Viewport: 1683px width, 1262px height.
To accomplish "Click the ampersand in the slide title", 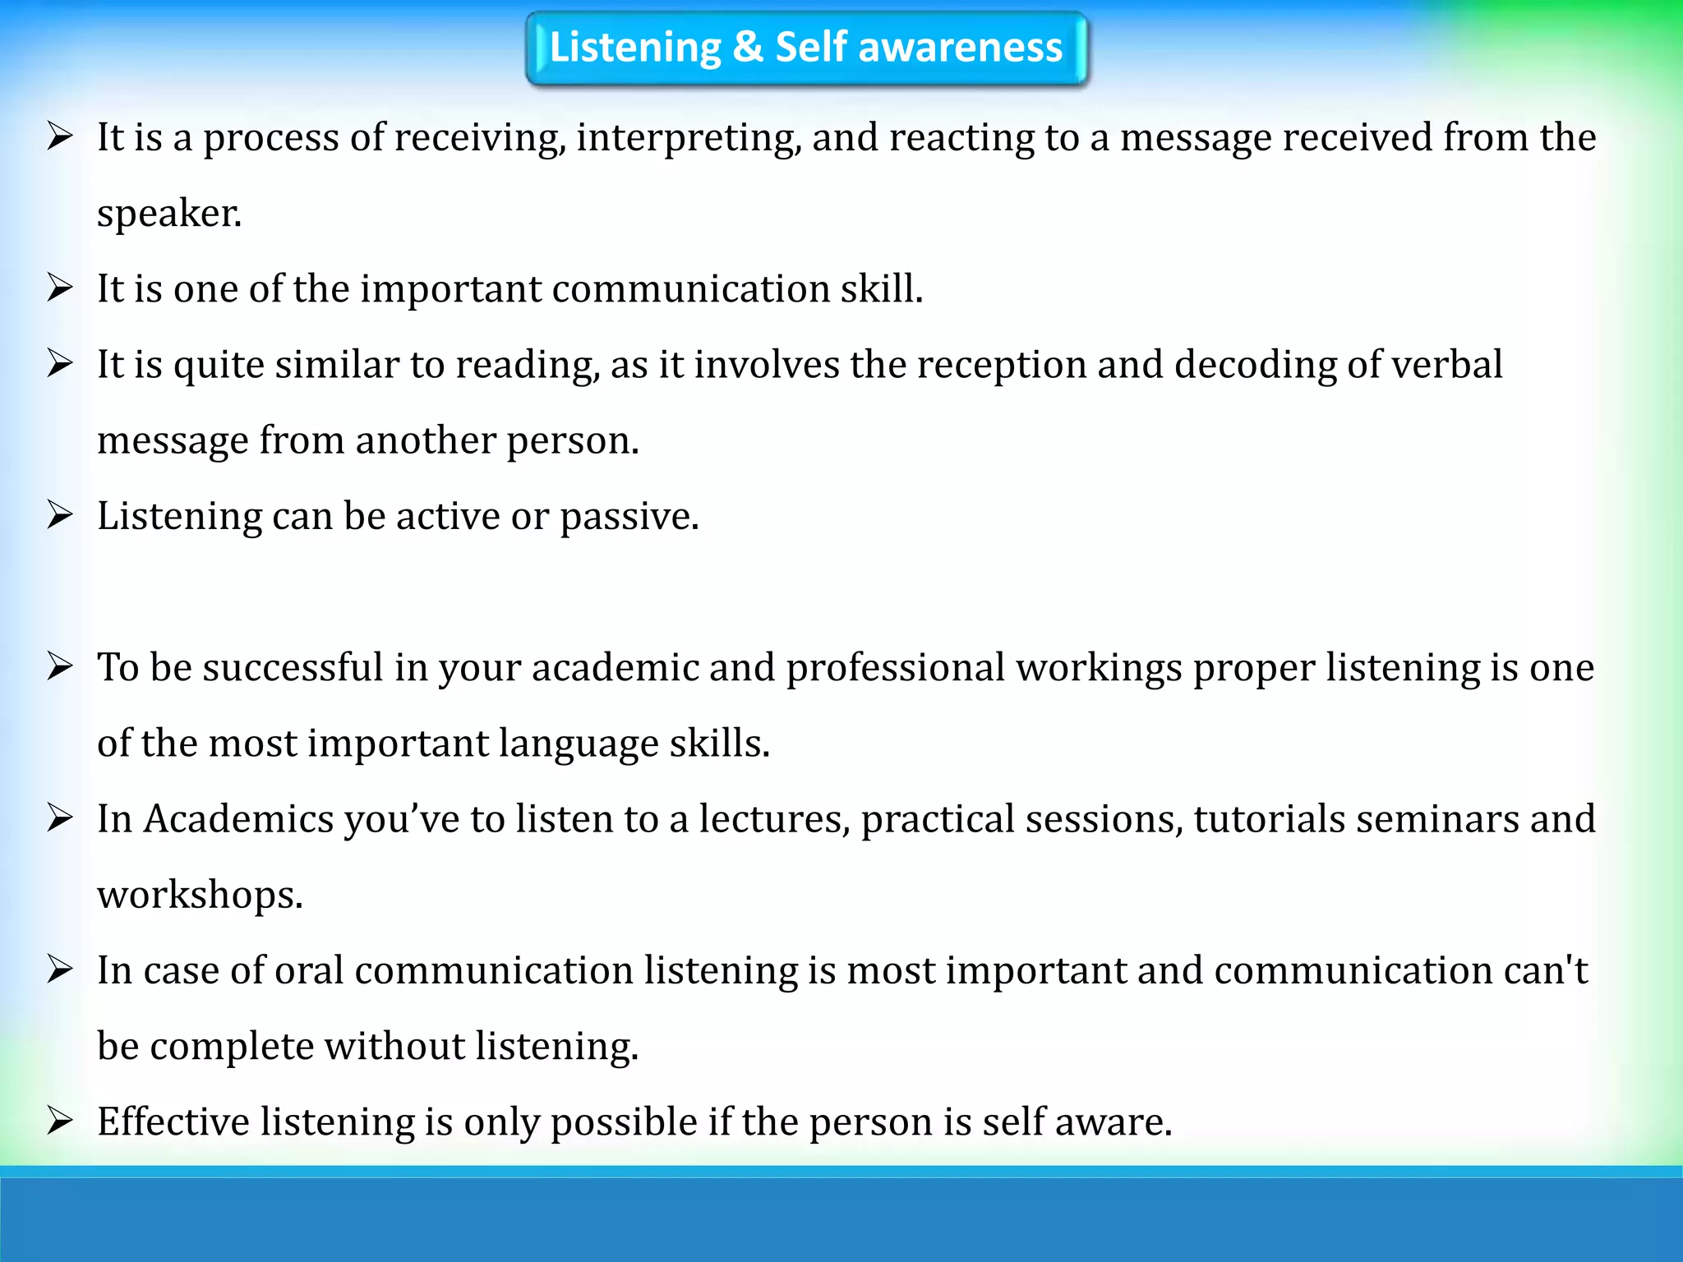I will coord(748,47).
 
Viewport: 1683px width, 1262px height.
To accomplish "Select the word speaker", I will coord(168,214).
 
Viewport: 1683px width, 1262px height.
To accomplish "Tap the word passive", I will coord(629,517).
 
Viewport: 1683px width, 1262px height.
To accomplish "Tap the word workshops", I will coord(200,895).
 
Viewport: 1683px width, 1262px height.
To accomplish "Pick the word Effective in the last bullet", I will coord(173,1122).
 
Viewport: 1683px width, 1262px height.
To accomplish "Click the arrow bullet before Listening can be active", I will coord(60,515).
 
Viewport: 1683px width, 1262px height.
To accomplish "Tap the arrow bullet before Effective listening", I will coord(60,1121).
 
